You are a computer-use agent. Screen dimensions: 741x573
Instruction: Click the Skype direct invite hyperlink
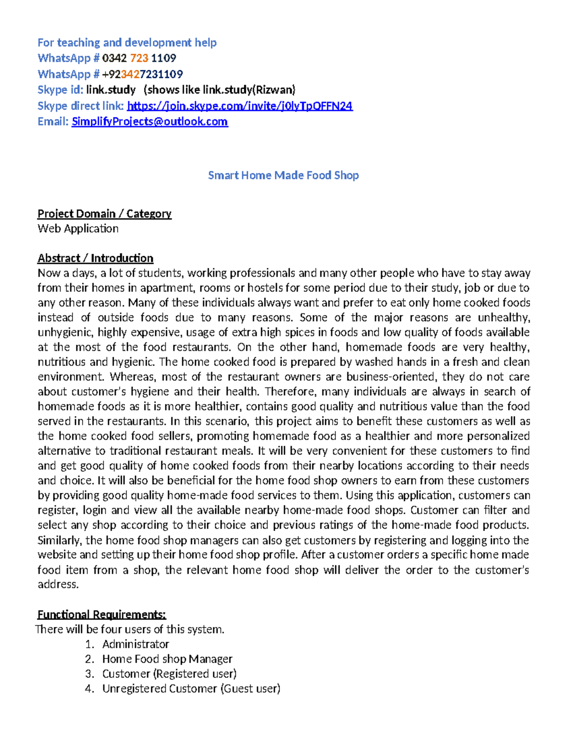click(x=240, y=106)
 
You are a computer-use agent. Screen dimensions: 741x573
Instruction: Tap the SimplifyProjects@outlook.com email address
click(x=149, y=122)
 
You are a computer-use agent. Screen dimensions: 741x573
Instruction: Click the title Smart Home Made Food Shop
click(x=283, y=175)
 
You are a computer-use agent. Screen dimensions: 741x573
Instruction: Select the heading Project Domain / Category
click(x=104, y=213)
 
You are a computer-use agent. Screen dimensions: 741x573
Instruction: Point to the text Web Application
click(x=78, y=229)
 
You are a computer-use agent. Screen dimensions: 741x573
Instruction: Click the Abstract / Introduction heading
click(x=95, y=258)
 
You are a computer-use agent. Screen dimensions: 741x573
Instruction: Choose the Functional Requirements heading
click(x=102, y=614)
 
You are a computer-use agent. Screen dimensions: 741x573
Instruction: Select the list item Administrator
click(x=136, y=644)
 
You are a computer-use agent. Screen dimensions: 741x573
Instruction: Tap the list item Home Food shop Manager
click(x=167, y=659)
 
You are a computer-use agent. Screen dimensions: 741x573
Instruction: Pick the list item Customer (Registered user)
click(x=170, y=674)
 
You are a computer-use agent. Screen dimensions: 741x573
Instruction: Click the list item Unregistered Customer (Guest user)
click(x=191, y=689)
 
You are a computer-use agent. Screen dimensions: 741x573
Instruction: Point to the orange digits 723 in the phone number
click(x=139, y=58)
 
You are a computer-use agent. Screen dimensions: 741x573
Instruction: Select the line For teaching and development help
click(x=127, y=42)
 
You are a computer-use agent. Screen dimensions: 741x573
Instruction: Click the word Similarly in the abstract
click(x=59, y=540)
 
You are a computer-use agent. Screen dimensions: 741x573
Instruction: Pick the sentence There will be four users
click(x=130, y=629)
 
